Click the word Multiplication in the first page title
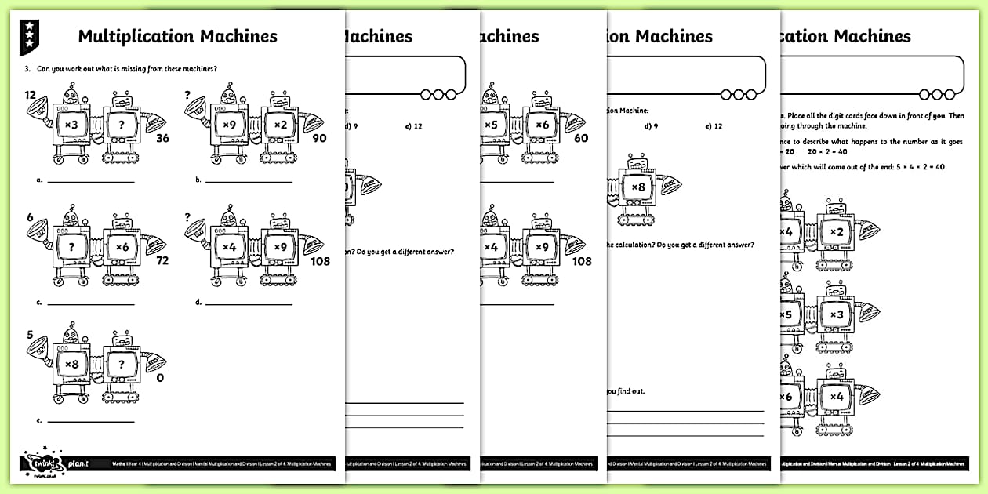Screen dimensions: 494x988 pyautogui.click(x=133, y=36)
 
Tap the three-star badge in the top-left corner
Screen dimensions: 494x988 pyautogui.click(x=29, y=36)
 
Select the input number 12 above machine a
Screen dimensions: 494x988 pyautogui.click(x=31, y=96)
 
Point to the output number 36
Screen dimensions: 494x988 pyautogui.click(x=163, y=139)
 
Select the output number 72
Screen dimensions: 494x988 pyautogui.click(x=163, y=260)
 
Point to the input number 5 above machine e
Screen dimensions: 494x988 pyautogui.click(x=30, y=335)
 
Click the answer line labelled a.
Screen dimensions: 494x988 pyautogui.click(x=90, y=181)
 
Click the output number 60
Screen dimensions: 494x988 pyautogui.click(x=581, y=139)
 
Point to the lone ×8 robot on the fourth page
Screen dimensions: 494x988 pyautogui.click(x=638, y=189)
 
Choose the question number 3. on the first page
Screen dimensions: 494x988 pyautogui.click(x=28, y=69)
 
